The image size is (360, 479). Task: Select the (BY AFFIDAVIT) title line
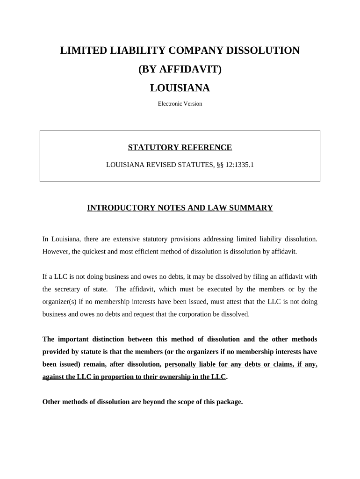coord(180,69)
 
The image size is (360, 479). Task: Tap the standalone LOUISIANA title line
coord(180,88)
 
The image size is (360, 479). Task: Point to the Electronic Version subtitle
coord(180,104)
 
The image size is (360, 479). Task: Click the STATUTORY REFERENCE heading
coord(180,148)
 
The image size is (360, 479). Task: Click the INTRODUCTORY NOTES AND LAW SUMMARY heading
coord(180,208)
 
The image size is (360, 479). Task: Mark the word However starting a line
coord(56,251)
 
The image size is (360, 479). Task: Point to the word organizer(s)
coord(59,302)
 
